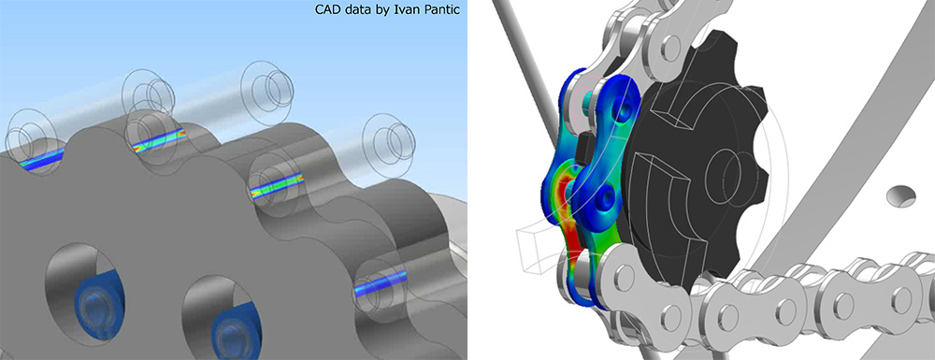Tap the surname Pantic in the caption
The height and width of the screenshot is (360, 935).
coord(446,9)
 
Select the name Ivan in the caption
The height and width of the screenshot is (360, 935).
coord(416,9)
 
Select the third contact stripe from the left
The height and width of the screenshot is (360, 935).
coord(277,185)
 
